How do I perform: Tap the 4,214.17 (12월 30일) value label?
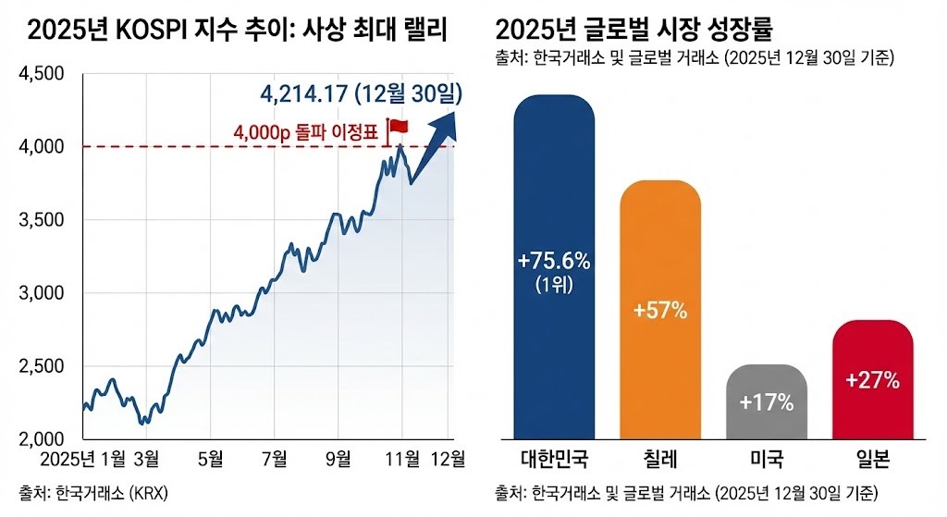pos(362,94)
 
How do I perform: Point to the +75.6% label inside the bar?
pos(554,261)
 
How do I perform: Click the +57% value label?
pos(659,311)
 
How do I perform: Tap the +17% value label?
pos(767,403)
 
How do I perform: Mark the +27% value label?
pos(872,379)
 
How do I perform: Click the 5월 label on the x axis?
pos(211,458)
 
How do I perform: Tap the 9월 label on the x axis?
pos(338,458)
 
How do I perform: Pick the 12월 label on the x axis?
pos(449,458)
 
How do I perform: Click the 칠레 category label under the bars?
pos(659,459)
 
